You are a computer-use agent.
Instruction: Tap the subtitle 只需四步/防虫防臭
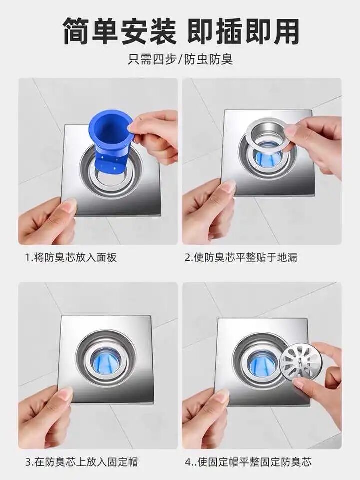pos(180,59)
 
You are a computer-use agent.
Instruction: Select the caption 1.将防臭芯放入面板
pos(71,258)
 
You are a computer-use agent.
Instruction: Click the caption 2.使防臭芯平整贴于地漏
pos(241,258)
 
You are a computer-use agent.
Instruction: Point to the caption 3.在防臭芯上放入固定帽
pos(81,462)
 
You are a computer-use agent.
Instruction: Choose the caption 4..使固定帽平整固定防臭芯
pos(248,462)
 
